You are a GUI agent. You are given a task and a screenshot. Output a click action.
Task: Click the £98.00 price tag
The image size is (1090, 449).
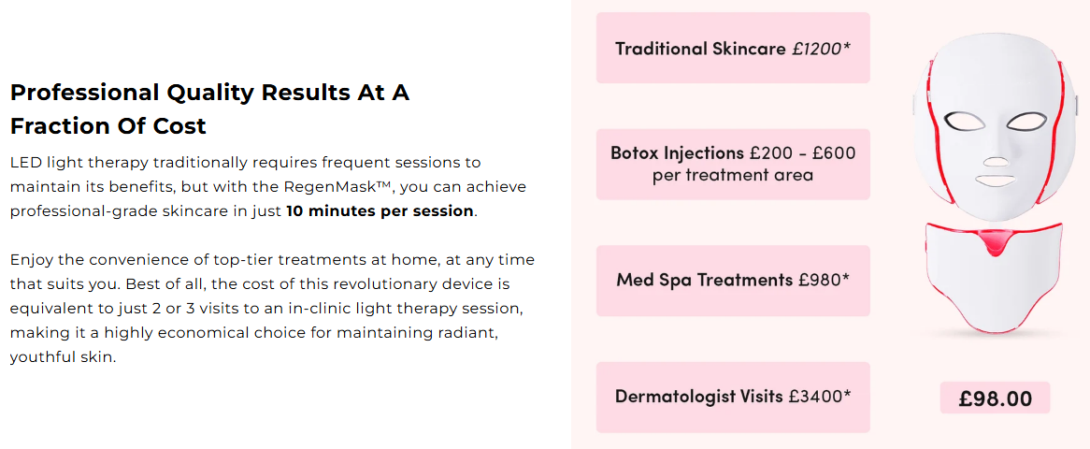[x=995, y=398]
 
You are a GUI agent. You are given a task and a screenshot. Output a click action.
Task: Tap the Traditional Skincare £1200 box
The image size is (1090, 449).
[x=733, y=48]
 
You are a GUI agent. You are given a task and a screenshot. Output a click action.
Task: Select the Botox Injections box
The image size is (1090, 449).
[x=733, y=165]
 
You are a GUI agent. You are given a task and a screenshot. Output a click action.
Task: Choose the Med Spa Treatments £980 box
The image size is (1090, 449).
[x=733, y=281]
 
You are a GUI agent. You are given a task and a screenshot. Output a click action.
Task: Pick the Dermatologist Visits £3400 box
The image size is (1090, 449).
[x=733, y=397]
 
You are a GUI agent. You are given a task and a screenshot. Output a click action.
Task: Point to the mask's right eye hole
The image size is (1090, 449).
[x=1026, y=121]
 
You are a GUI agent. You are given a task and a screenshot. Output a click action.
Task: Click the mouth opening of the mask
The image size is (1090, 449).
[x=995, y=181]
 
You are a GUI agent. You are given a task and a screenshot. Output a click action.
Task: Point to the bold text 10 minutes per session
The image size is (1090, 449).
[x=380, y=210]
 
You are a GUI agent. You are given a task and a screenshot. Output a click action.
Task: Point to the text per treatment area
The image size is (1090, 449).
[x=733, y=174]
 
